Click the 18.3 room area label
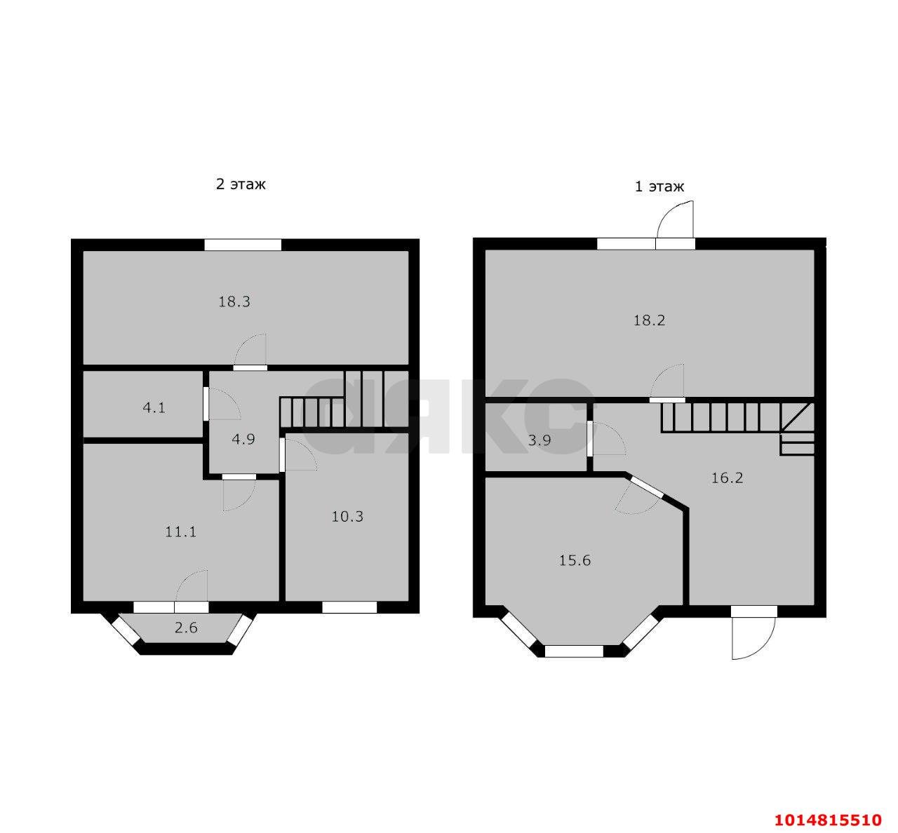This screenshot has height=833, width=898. pos(234,302)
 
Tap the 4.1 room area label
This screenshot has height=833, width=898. pos(154,408)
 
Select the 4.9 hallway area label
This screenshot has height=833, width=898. pos(243,439)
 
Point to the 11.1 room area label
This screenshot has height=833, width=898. pos(181,531)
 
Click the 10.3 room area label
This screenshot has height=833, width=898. pos(347,516)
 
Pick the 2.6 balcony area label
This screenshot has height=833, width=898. pos(187,628)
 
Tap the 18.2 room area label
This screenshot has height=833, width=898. pos(650,320)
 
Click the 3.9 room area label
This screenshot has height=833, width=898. pos(540,440)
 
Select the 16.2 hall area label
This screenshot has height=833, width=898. pos(727,478)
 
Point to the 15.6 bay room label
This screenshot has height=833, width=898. pos(575,560)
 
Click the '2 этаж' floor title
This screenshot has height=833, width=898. pos(241,184)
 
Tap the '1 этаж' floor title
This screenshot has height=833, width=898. pos(659,187)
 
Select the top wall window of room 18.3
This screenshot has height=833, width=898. pos(243,245)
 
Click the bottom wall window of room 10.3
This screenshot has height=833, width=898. pos(349,607)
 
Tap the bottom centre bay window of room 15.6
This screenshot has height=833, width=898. pos(574,651)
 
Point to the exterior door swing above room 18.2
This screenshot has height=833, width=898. pos(675,219)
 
